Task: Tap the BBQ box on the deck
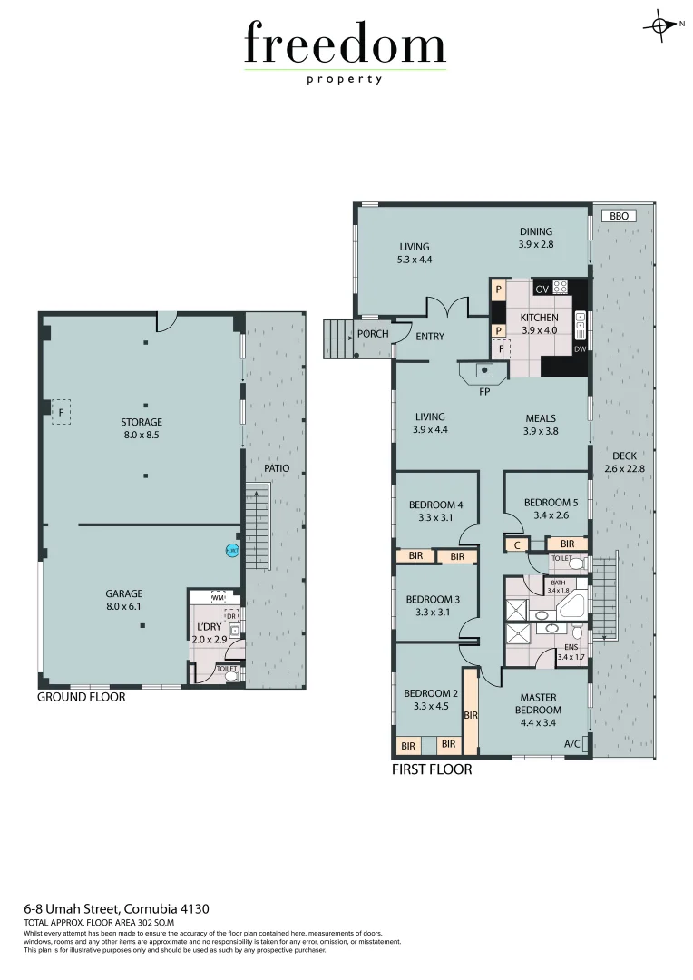coord(619,216)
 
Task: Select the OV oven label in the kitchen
coord(542,289)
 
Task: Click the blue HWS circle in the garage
coord(232,550)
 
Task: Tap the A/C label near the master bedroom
coord(572,744)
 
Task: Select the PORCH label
coord(373,334)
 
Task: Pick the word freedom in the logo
coord(345,45)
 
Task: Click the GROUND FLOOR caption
coord(81,697)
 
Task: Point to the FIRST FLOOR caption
coord(432,769)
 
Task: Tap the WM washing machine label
coord(218,598)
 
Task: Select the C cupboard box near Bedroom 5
coord(516,544)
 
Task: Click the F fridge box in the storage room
coord(61,411)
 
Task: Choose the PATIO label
coord(277,468)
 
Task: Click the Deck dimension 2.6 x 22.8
coord(624,469)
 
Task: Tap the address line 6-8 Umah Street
coord(118,908)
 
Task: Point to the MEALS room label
coord(542,418)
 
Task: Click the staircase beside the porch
coord(337,337)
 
